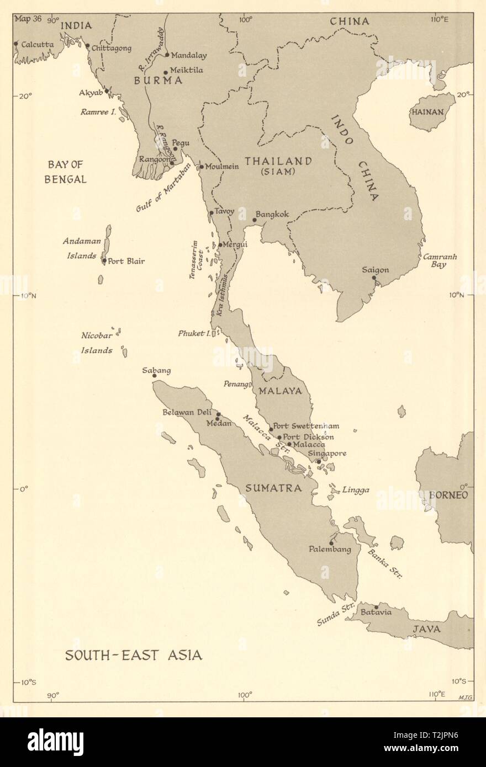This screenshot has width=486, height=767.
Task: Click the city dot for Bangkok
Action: pos(255,220)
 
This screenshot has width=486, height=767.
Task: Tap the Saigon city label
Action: pos(376,270)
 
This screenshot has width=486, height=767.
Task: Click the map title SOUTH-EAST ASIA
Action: pos(134,655)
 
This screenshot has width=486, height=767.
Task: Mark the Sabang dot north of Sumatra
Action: pos(155,376)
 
